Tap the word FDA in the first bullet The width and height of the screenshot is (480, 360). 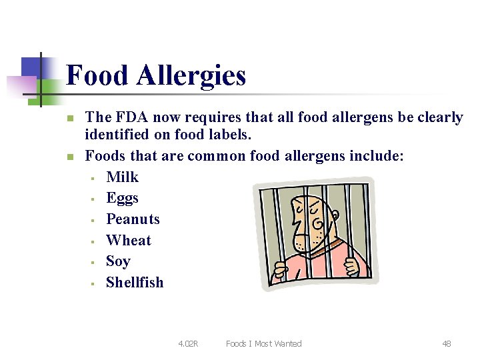[x=131, y=117]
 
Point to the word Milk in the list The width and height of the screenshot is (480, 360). [x=122, y=177]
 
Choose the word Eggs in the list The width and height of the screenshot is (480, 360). [x=122, y=198]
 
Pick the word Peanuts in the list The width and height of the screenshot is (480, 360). [x=133, y=219]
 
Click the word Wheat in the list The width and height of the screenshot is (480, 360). [x=129, y=240]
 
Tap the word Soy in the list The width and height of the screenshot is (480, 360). [x=118, y=261]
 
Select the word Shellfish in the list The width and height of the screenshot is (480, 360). [x=135, y=283]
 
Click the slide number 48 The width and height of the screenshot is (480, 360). [x=446, y=344]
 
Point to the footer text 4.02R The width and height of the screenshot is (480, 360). [x=188, y=344]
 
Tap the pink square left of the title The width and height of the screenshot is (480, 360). [x=21, y=85]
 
